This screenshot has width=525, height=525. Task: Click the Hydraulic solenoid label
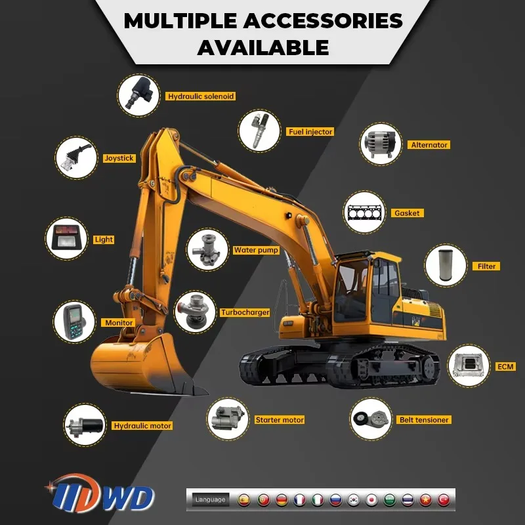tap(200, 96)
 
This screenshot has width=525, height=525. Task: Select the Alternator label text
tap(429, 145)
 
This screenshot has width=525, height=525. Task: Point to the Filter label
tap(486, 266)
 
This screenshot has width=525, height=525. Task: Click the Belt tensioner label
tap(424, 420)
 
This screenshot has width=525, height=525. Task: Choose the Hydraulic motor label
tap(142, 426)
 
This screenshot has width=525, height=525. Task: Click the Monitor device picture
tap(74, 322)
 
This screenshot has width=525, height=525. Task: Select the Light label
tap(104, 240)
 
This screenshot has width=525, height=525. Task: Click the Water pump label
tap(256, 250)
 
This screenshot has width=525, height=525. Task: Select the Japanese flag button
tap(371, 499)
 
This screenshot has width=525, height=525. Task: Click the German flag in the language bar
tap(282, 499)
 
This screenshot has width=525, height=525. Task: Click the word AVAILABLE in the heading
tap(262, 47)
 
